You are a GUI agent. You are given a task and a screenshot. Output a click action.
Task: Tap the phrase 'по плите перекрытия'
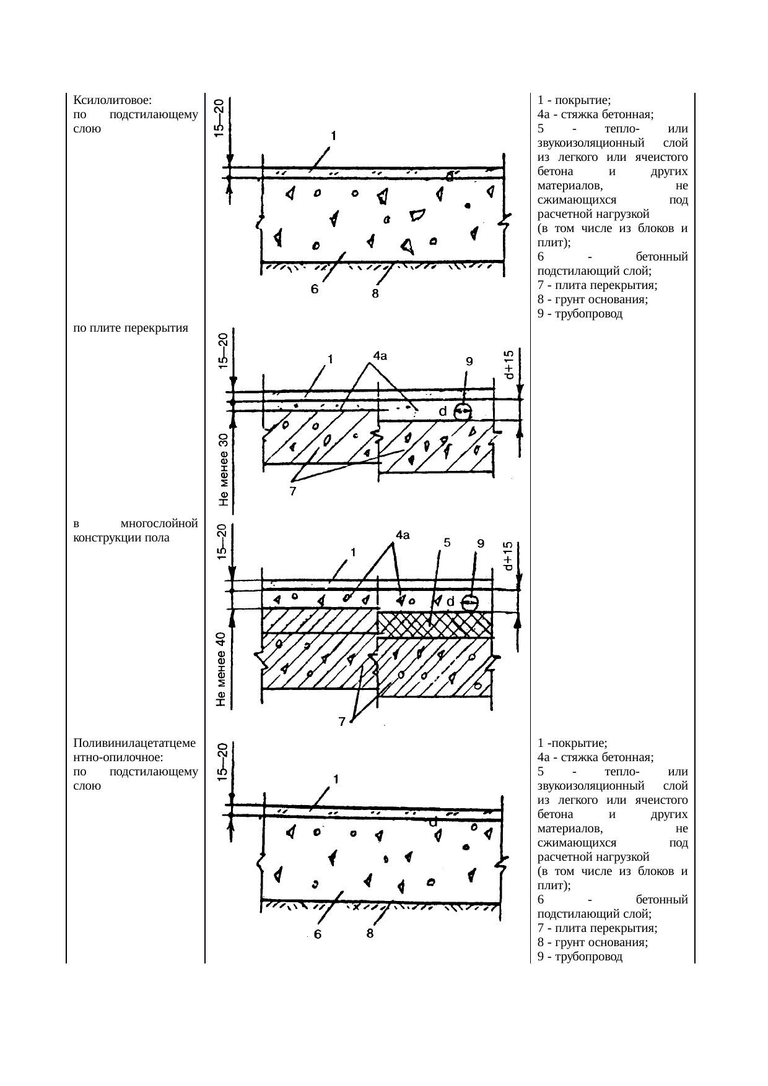(x=130, y=327)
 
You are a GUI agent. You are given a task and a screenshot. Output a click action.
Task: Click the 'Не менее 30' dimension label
(x=224, y=470)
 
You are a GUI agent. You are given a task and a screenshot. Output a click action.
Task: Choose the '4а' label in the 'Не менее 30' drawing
(x=380, y=355)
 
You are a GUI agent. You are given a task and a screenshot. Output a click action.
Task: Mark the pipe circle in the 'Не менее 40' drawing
(x=471, y=601)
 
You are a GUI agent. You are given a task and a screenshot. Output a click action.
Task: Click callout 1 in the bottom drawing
(x=335, y=780)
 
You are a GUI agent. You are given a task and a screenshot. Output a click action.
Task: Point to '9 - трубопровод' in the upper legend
(x=580, y=314)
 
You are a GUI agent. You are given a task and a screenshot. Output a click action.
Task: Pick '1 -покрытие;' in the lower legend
(x=572, y=743)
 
